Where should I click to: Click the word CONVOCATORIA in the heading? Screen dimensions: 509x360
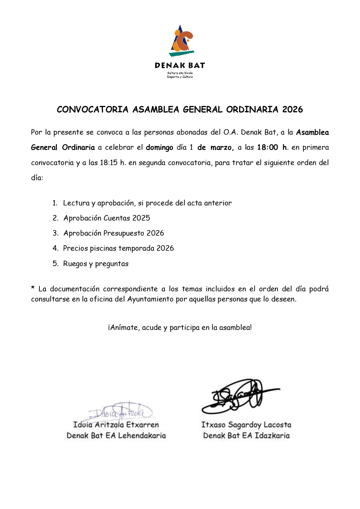tap(92, 109)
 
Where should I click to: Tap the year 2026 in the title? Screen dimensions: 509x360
tap(292, 109)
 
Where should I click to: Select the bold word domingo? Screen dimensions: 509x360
tap(159, 147)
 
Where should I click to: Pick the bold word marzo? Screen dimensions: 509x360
tap(222, 147)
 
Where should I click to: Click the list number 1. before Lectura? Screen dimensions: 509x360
tap(55, 203)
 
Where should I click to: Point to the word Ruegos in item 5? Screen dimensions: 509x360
tap(75, 264)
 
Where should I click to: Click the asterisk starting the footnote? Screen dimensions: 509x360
tap(33, 288)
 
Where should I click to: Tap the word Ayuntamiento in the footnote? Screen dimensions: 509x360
tap(150, 299)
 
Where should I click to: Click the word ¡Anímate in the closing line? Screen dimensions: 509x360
tap(123, 327)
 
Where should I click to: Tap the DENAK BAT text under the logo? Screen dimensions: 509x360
tap(180, 66)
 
